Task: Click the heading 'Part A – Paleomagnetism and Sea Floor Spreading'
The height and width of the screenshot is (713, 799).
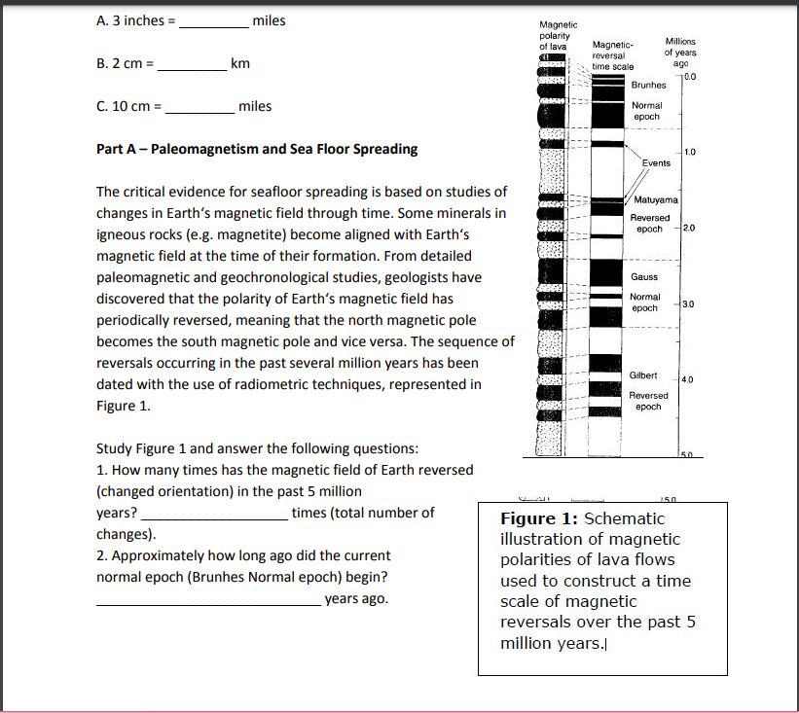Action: (x=257, y=149)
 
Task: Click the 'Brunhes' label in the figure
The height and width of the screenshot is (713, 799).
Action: (x=648, y=86)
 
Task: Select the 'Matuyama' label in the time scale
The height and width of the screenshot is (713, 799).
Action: (x=656, y=200)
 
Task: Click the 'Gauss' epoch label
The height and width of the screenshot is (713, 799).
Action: (x=643, y=277)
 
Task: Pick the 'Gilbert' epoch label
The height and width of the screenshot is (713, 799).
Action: (x=643, y=375)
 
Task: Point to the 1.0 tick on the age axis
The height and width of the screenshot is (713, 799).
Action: (x=689, y=152)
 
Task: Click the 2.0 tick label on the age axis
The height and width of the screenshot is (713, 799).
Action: (x=689, y=228)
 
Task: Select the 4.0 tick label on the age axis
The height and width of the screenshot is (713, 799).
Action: (x=689, y=379)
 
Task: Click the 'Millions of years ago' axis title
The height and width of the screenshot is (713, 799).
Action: (x=680, y=51)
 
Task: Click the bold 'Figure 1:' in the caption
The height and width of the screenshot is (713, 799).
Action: (x=539, y=518)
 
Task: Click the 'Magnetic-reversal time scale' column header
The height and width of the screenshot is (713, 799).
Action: (x=613, y=56)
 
